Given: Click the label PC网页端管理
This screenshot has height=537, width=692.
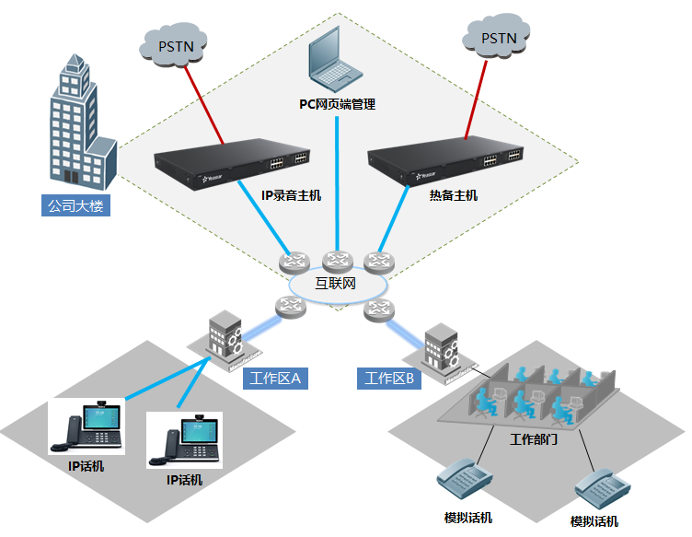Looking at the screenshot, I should click(338, 104).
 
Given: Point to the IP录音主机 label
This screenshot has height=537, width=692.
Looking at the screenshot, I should click(291, 194).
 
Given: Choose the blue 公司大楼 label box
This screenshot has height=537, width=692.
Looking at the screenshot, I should click(78, 204).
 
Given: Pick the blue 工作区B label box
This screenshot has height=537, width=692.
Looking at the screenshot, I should click(388, 378).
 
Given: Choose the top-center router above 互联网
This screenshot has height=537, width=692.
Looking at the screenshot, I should click(338, 261).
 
